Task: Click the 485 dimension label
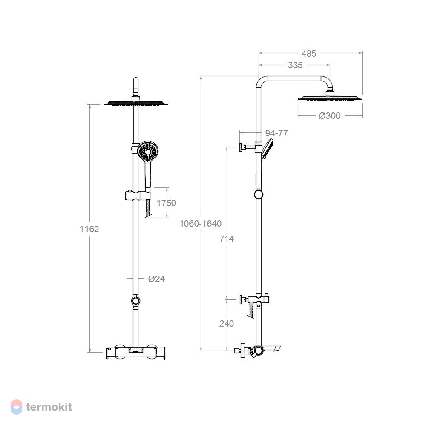308,54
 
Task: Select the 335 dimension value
295,65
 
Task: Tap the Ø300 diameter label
330,116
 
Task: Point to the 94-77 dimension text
276,133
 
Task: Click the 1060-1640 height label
201,223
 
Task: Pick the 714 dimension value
227,239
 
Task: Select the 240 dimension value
227,324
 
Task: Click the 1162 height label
89,229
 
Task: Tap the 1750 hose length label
166,203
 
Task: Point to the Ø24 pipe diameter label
156,279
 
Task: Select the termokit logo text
49,407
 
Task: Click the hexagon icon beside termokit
16,407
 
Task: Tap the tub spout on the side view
272,348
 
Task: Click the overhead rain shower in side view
330,98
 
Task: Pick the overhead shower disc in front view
136,103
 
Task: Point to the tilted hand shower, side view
267,148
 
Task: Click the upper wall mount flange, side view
241,147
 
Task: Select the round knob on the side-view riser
259,195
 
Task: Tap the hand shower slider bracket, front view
138,196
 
